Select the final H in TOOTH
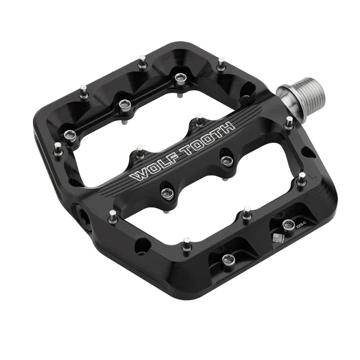[x=228, y=126]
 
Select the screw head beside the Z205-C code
[x=287, y=223]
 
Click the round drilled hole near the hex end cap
[x=142, y=246]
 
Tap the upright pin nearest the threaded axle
[x=289, y=121]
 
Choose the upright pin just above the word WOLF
[x=140, y=150]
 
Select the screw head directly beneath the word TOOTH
[x=227, y=160]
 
